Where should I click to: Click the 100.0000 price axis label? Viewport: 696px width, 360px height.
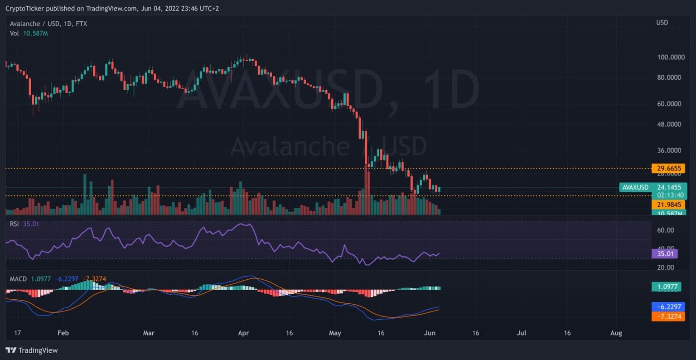click(x=671, y=57)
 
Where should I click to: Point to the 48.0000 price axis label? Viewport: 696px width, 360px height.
click(x=669, y=124)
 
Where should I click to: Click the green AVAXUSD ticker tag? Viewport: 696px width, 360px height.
click(x=635, y=187)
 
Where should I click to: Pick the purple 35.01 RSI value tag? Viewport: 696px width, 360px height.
click(x=664, y=253)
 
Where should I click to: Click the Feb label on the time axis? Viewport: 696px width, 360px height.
click(x=63, y=333)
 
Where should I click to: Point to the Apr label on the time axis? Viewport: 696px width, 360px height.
click(x=243, y=333)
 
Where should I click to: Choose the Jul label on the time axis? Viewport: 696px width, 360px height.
click(x=522, y=333)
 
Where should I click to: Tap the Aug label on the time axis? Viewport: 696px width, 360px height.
click(x=616, y=333)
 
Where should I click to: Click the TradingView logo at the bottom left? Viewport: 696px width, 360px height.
click(x=32, y=350)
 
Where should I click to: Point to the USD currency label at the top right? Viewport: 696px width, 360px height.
click(x=662, y=23)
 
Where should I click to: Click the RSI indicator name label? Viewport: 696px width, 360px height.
click(x=14, y=224)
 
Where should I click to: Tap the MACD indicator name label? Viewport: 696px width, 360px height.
click(x=18, y=279)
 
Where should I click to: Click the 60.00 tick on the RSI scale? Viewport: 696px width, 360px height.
click(x=666, y=230)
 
